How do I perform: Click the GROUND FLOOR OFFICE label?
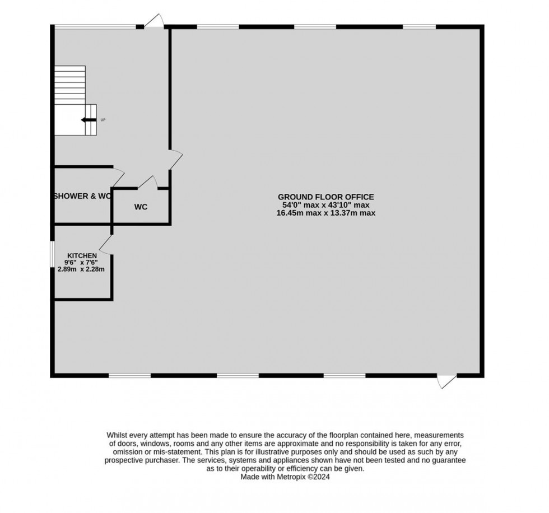tap(325, 197)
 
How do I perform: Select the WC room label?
tap(141, 207)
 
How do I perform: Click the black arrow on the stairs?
tap(87, 120)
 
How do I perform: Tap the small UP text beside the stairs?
tap(103, 120)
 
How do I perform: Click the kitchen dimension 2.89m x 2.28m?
tap(85, 269)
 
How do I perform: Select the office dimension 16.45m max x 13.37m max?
tap(325, 213)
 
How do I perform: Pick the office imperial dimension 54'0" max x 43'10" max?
tap(325, 205)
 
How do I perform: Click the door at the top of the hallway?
tap(153, 21)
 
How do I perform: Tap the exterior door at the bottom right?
tap(447, 381)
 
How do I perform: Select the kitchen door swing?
tap(106, 244)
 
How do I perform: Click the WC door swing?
tap(147, 183)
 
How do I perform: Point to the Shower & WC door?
tap(119, 176)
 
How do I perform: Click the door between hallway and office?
tap(176, 159)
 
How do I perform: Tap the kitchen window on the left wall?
tap(52, 255)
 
